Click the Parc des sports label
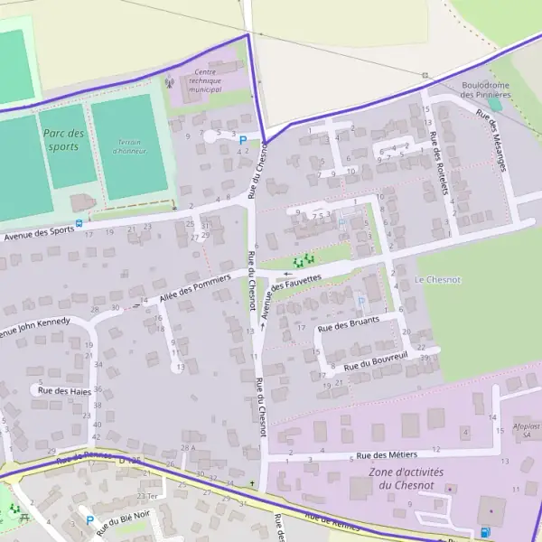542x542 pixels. point(63,139)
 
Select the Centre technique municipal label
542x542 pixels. point(206,81)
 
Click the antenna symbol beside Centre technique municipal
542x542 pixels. point(169,82)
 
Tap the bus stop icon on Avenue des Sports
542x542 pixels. point(79,222)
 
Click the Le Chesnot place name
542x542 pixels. point(437,280)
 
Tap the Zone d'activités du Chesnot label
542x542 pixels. point(402,479)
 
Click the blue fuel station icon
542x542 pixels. point(486,533)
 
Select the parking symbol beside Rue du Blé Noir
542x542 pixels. point(89,520)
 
